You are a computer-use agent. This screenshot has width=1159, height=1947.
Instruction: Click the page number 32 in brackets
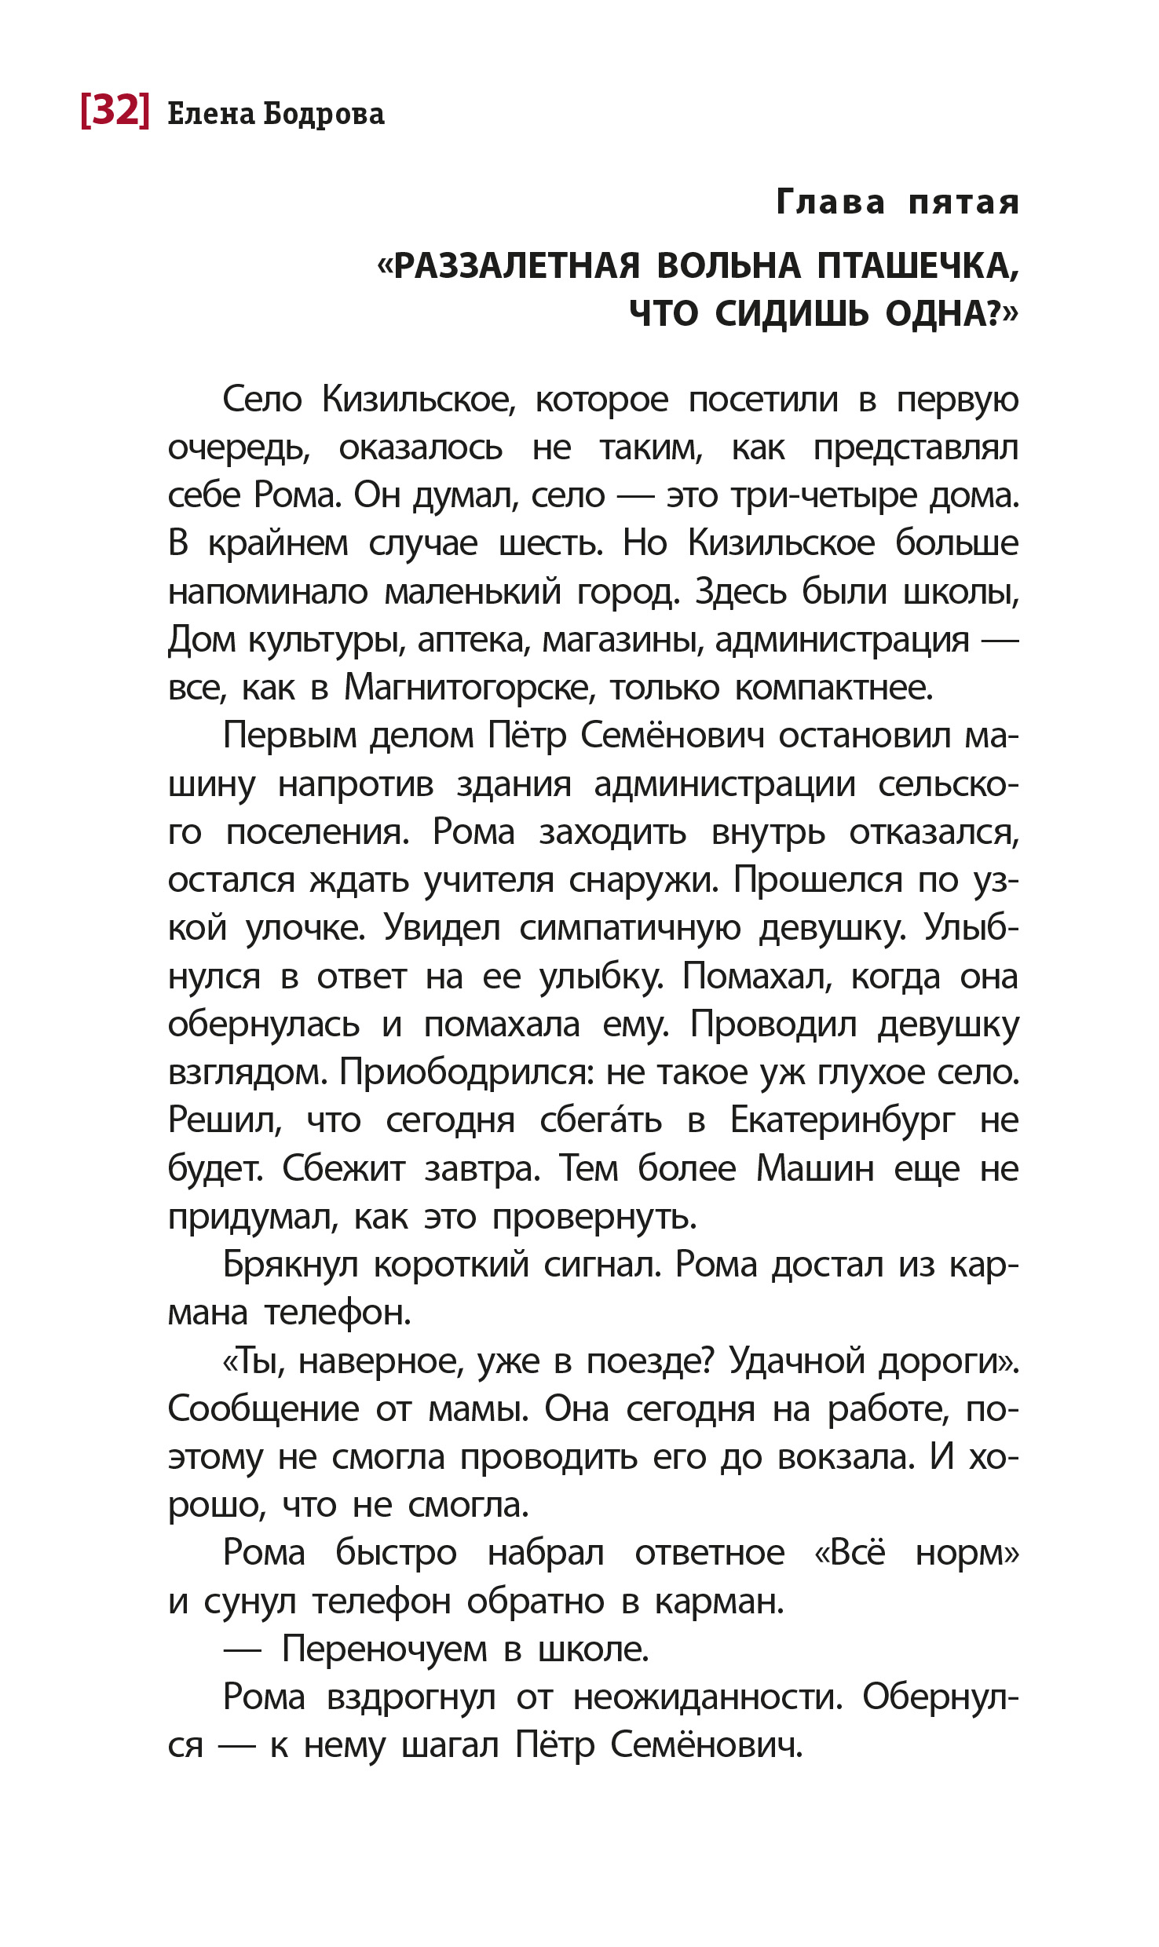[115, 111]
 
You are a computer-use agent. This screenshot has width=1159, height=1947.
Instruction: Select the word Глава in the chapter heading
[830, 203]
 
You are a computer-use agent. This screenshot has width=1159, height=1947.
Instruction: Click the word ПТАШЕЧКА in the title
[917, 266]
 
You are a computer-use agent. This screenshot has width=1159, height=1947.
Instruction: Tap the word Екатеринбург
[843, 1120]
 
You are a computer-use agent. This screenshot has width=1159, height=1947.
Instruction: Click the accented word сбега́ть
[601, 1120]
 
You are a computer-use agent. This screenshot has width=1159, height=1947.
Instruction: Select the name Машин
[814, 1169]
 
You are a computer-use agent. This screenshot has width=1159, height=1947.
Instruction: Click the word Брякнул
[291, 1265]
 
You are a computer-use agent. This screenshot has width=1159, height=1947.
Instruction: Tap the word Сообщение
[263, 1409]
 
